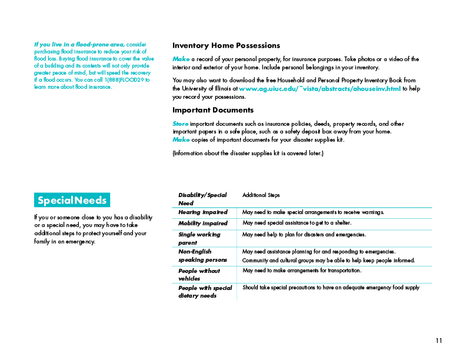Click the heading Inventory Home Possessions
point(226,45)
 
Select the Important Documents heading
point(213,110)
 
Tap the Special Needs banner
point(72,200)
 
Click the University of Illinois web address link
point(319,89)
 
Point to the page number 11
point(439,341)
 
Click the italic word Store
point(181,124)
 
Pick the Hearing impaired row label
point(202,212)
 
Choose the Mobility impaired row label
point(202,224)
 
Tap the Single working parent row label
point(199,238)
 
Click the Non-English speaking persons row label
point(202,255)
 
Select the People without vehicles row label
point(199,275)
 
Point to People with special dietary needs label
point(205,292)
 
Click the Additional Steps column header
point(261,195)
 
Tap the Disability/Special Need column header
point(202,199)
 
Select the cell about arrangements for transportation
point(302,271)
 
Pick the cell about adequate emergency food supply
point(331,288)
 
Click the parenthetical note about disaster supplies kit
point(248,154)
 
